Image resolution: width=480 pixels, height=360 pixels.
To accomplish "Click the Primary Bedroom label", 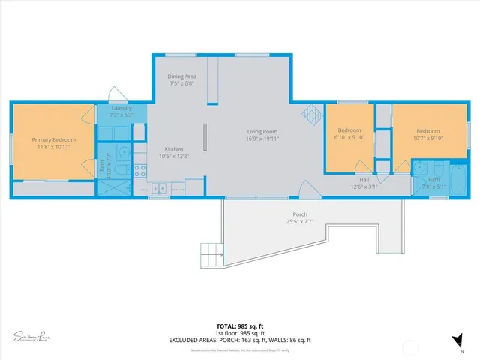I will [x=53, y=139].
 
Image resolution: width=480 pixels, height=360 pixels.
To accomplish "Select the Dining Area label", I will [x=181, y=76].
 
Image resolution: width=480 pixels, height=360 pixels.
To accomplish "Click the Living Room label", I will [x=262, y=132].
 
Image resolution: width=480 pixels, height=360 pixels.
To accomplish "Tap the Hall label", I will [x=364, y=180].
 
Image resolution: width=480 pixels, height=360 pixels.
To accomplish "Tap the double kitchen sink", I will [x=159, y=187].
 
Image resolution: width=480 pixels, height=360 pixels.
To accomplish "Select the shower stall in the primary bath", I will [x=115, y=182].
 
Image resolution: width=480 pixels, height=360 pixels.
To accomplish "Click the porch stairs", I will [x=211, y=254].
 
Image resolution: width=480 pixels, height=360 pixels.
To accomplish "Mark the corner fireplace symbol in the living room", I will [x=311, y=114].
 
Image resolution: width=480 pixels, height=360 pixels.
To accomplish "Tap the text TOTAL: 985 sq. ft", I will [x=240, y=326].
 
